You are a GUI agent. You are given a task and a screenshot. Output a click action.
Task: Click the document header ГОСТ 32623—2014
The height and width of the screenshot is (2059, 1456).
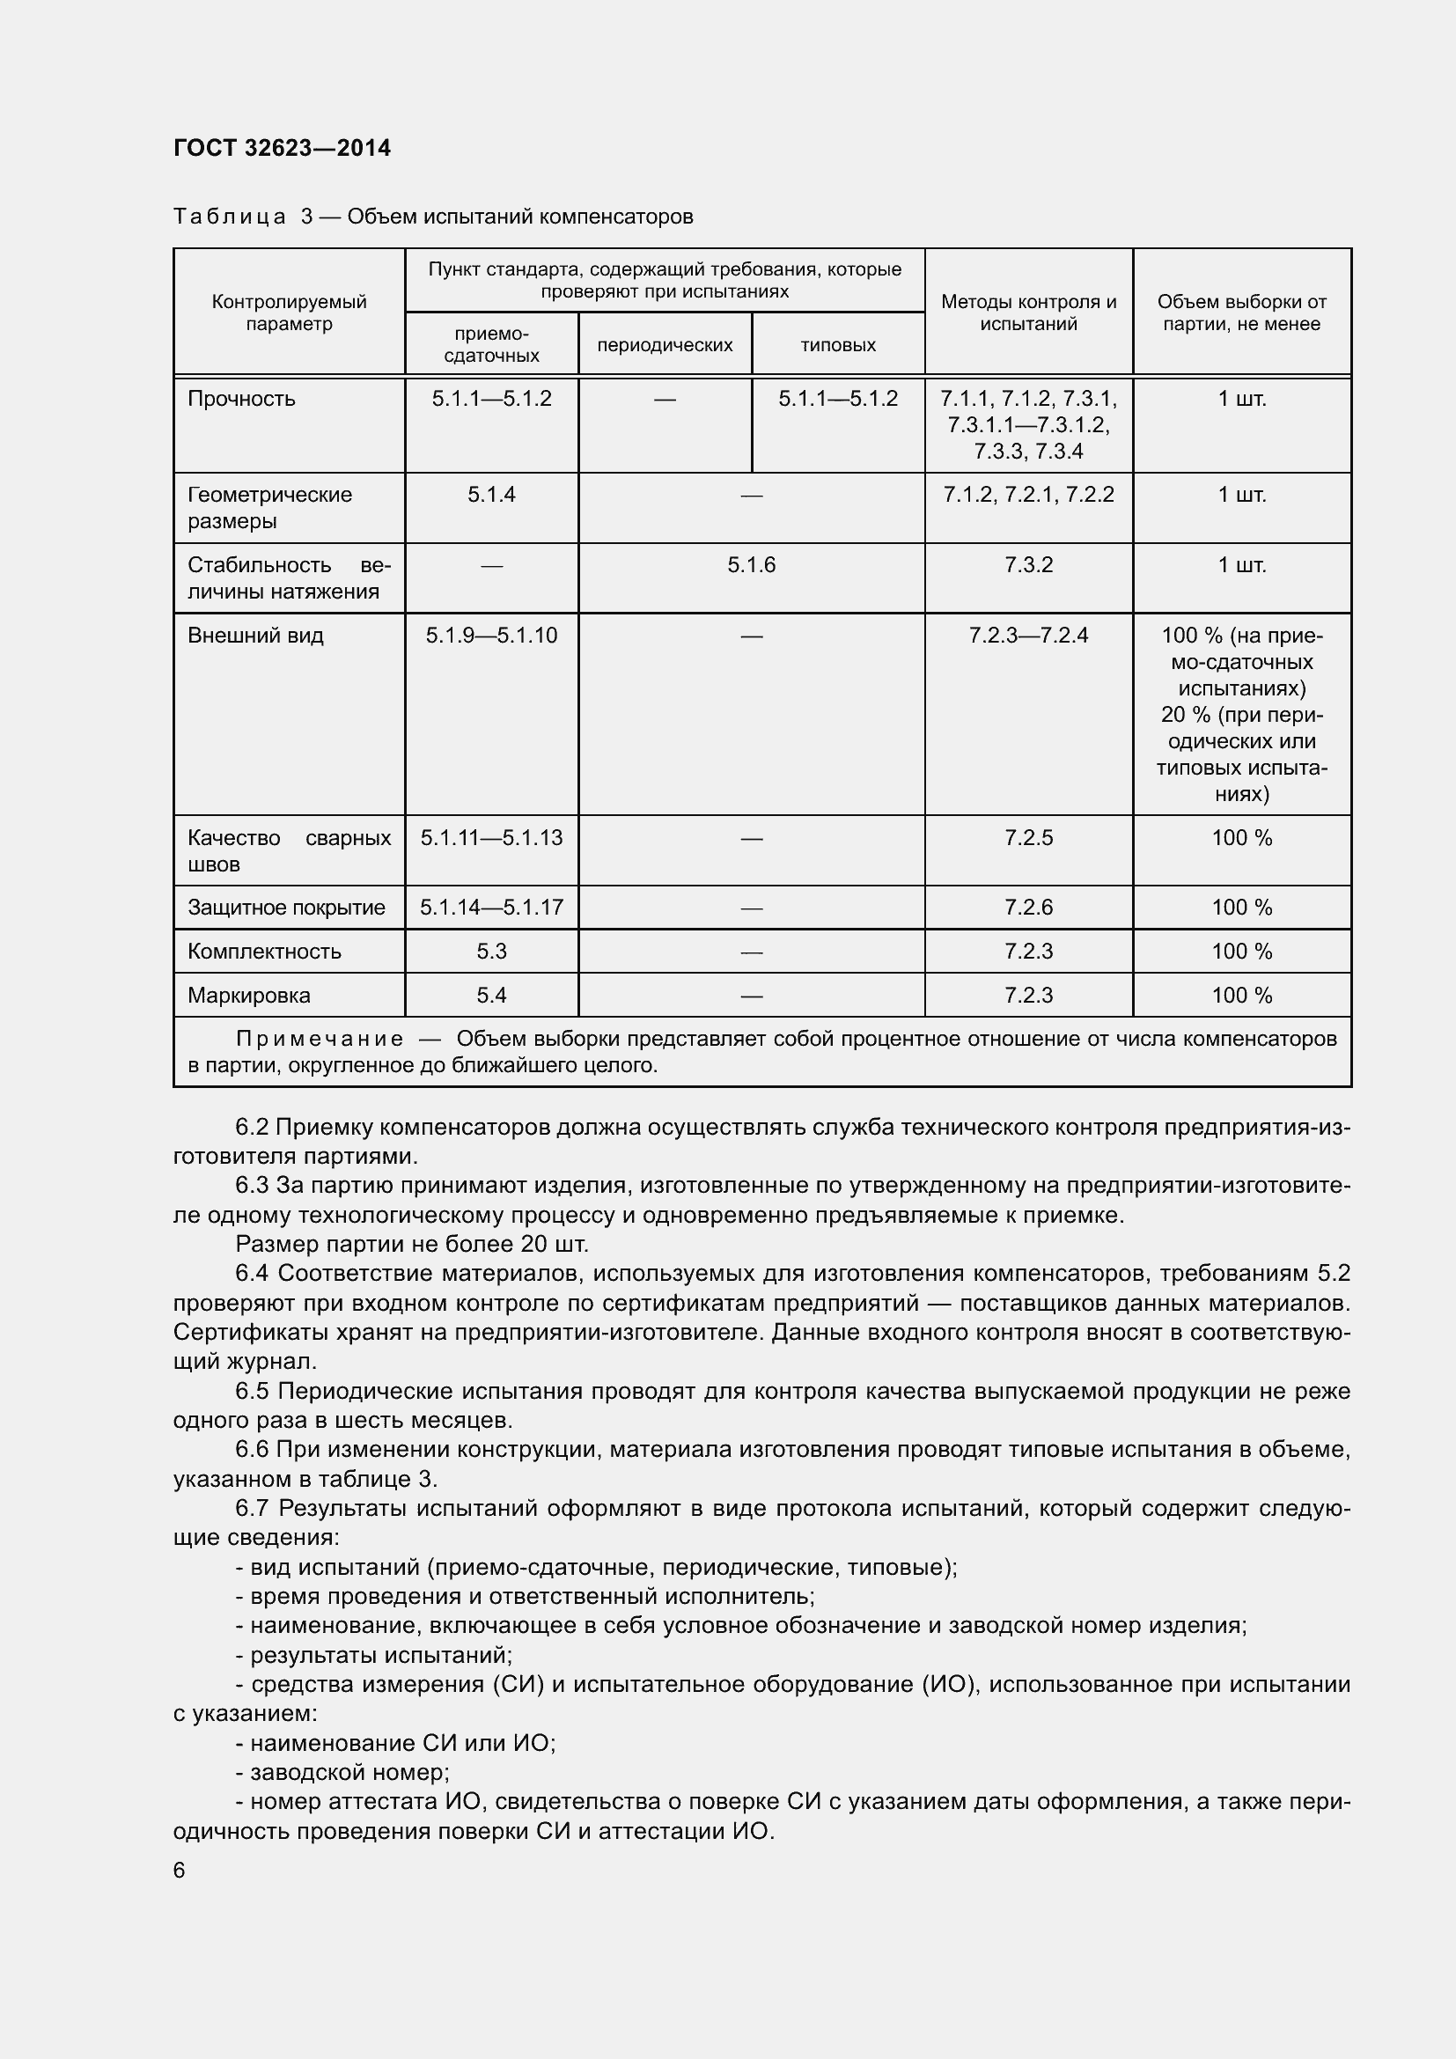pos(282,148)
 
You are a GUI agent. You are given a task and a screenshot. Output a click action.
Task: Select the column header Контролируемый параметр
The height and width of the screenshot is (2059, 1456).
pos(289,313)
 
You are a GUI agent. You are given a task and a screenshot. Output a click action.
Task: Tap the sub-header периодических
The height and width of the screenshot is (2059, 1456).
pos(665,345)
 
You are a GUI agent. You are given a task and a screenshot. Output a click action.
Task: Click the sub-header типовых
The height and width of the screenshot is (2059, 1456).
pos(837,345)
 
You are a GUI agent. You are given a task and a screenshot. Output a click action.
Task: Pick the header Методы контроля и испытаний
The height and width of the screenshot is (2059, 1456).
pos(1028,313)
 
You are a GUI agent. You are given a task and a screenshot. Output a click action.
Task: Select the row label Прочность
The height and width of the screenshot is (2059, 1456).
pos(241,399)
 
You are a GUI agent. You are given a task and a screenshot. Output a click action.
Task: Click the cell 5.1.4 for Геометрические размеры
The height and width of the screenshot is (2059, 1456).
pos(491,495)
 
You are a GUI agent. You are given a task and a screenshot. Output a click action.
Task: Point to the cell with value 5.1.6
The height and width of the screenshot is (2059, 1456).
pos(751,565)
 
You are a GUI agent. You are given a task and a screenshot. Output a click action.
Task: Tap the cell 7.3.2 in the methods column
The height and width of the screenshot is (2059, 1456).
pos(1028,565)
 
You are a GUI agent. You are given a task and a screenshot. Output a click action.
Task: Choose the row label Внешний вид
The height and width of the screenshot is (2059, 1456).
pos(255,636)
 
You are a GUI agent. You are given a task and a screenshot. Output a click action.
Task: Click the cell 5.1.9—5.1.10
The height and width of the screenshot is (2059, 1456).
pos(491,636)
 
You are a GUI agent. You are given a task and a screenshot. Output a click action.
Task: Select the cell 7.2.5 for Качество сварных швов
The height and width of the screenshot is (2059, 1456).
pos(1028,837)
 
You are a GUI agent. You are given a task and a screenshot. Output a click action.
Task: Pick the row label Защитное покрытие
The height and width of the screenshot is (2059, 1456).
pos(286,908)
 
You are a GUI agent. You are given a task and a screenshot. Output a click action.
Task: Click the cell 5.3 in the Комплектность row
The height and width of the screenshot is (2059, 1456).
pos(491,952)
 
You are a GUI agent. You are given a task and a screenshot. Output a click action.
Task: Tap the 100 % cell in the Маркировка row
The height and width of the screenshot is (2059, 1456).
pos(1242,996)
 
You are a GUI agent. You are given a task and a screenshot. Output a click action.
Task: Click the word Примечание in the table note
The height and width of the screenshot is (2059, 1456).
pos(320,1040)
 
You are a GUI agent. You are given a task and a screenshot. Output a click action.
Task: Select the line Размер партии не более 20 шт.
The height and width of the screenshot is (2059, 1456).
pos(411,1244)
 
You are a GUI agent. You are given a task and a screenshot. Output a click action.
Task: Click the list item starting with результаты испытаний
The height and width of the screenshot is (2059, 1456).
pos(374,1655)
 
